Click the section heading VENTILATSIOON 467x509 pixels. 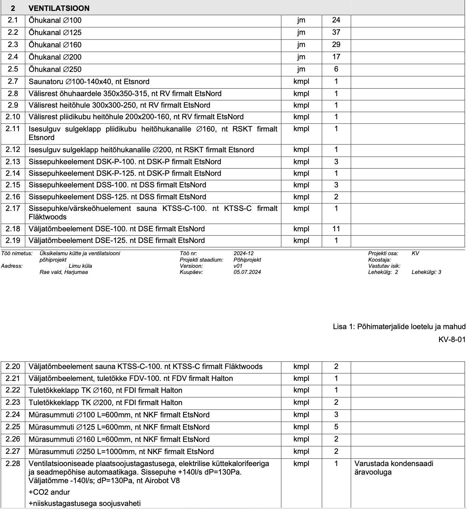click(59, 8)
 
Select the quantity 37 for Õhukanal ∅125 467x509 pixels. click(336, 32)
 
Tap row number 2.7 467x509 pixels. click(13, 81)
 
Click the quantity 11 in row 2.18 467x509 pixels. click(336, 229)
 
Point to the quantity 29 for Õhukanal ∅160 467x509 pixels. click(336, 45)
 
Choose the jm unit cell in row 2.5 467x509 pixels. click(301, 69)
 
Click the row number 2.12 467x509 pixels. click(13, 150)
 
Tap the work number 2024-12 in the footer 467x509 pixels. click(243, 253)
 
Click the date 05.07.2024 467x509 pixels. click(247, 272)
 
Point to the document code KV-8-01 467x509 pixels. click(452, 339)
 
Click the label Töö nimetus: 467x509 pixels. click(17, 253)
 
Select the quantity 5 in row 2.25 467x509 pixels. click(336, 427)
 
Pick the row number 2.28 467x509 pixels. click(13, 463)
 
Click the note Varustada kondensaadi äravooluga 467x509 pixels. click(394, 468)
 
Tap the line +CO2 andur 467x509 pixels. click(49, 492)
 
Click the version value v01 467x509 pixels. click(238, 266)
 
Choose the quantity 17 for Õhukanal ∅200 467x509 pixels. click(336, 57)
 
